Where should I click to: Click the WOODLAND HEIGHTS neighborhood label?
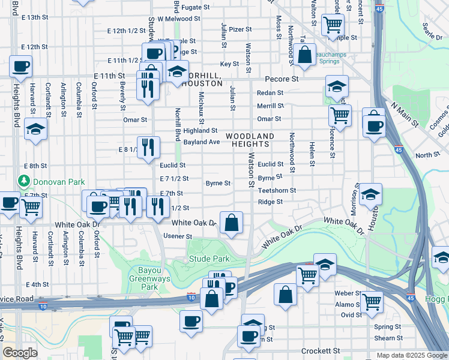point(250,140)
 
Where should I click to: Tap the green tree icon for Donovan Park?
point(23,180)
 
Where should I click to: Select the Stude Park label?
point(209,259)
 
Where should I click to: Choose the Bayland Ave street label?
point(202,142)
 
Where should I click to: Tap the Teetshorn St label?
point(277,190)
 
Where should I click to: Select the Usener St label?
point(177,236)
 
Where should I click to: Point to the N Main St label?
point(405,113)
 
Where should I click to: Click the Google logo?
point(20,353)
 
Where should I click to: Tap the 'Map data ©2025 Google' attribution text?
point(411,355)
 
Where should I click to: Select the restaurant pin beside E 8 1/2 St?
point(148,147)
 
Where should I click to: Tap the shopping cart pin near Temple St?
point(332,25)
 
